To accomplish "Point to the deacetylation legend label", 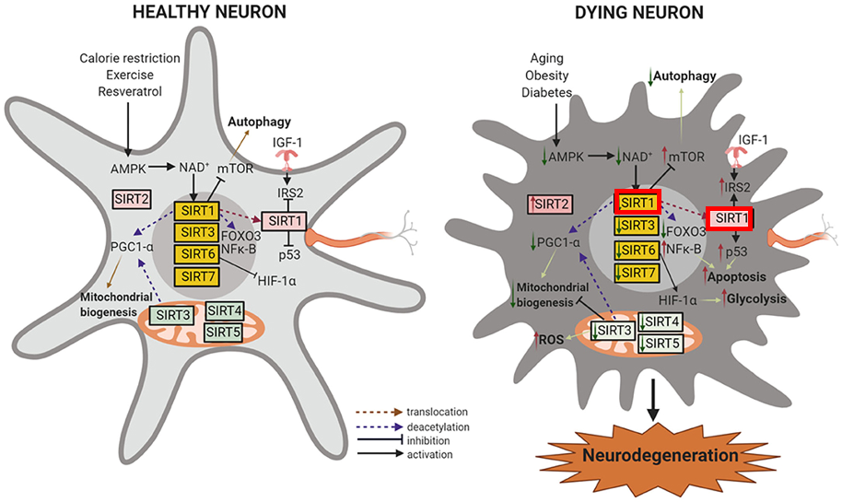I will (436, 427).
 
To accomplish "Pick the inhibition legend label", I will (427, 441).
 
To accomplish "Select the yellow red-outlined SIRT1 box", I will (637, 203).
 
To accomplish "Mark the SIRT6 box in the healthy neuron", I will (199, 252).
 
